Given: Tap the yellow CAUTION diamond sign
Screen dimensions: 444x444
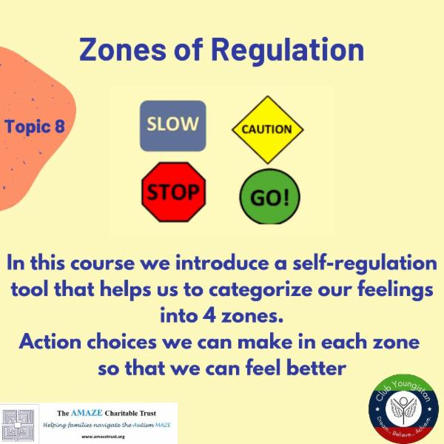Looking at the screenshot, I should coord(267,129).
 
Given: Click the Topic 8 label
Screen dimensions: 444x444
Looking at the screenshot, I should coord(35,126).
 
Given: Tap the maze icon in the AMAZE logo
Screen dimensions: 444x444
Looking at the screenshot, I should coord(18,424).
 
